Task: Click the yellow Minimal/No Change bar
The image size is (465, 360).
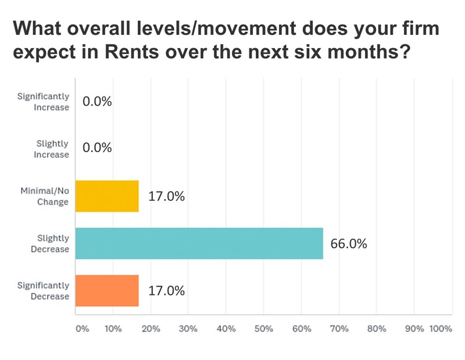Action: click(x=107, y=196)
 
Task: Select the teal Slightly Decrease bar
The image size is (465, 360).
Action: click(x=199, y=243)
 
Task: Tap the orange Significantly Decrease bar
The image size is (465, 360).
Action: click(x=107, y=290)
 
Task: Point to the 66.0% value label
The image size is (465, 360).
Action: click(x=349, y=244)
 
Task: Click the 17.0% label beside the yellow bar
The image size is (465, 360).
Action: click(x=166, y=197)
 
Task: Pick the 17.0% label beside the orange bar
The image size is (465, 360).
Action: click(x=166, y=290)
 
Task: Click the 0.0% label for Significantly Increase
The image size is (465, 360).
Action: click(x=97, y=102)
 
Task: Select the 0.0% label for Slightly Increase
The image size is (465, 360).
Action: click(x=97, y=148)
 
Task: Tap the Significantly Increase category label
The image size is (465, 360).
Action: click(x=43, y=102)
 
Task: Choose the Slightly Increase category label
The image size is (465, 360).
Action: click(x=52, y=149)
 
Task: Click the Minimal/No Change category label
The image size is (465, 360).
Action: click(x=45, y=196)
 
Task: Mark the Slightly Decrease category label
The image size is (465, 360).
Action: click(x=52, y=243)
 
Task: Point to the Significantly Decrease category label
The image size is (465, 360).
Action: click(x=43, y=290)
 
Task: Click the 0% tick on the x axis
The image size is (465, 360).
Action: click(x=81, y=329)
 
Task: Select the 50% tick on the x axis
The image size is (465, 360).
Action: click(x=263, y=329)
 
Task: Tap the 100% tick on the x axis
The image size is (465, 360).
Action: click(x=440, y=329)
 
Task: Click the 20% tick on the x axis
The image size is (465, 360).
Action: click(x=150, y=329)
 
